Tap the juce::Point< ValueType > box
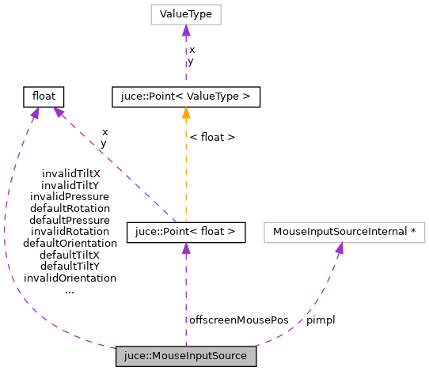point(186,97)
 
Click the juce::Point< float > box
point(186,233)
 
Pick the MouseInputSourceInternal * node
point(344,233)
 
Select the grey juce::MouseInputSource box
point(186,356)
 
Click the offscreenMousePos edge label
point(227,320)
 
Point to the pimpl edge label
point(321,320)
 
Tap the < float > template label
point(212,137)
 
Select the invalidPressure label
point(70,196)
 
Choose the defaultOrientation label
point(70,243)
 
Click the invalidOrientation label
point(70,278)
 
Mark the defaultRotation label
point(70,208)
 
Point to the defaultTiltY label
point(70,267)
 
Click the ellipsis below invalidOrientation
point(70,290)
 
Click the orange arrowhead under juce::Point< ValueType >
point(186,112)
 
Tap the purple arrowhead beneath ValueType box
point(186,31)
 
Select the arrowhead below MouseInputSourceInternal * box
point(339,248)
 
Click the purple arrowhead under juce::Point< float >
point(186,248)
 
